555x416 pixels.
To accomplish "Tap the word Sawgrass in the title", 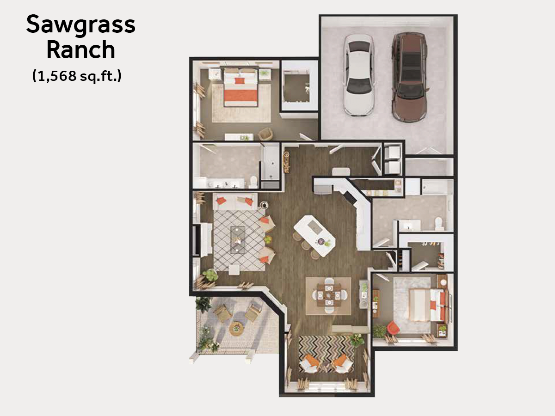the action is click(x=81, y=24).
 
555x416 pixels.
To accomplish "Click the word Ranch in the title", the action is click(x=81, y=49).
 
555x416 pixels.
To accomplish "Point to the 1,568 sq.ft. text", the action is click(x=77, y=75).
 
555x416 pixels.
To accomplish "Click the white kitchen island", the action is click(x=314, y=235).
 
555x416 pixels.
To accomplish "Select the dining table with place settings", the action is click(x=329, y=295).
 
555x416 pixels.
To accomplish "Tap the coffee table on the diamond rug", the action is click(x=238, y=240).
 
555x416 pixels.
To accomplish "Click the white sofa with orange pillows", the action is click(x=235, y=202).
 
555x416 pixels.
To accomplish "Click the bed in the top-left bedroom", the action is click(x=240, y=87).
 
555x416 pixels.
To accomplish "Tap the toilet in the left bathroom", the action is click(x=253, y=182).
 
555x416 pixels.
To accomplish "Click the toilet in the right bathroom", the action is click(x=439, y=223).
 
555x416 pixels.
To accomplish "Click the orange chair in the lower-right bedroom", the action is click(x=393, y=328).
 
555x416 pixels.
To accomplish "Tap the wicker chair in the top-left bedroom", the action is click(x=265, y=134).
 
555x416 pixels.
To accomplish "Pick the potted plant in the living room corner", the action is click(x=210, y=275).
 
